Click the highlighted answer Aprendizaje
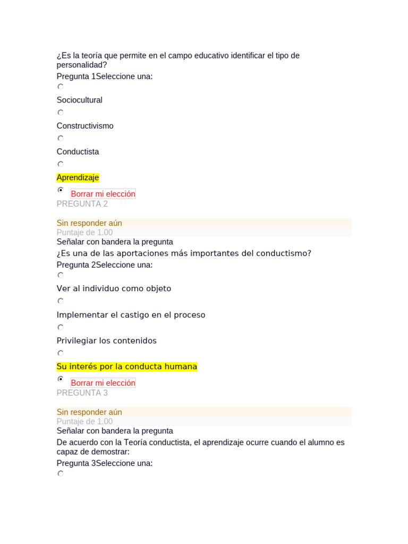(78, 177)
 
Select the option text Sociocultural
(79, 100)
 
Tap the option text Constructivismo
(85, 126)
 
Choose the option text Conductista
(78, 151)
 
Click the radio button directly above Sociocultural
(61, 87)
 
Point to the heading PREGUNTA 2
(82, 204)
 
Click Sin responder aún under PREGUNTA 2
(89, 223)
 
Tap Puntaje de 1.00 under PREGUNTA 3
(84, 421)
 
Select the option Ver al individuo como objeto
(114, 288)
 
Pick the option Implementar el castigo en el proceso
(131, 314)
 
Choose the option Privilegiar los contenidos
(106, 341)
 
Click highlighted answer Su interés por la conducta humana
(126, 367)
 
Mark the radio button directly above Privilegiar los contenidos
(61, 327)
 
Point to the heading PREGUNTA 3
(82, 393)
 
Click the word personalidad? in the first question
(82, 65)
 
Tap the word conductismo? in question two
(284, 253)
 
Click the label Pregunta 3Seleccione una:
(105, 463)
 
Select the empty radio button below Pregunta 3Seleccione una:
(61, 474)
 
